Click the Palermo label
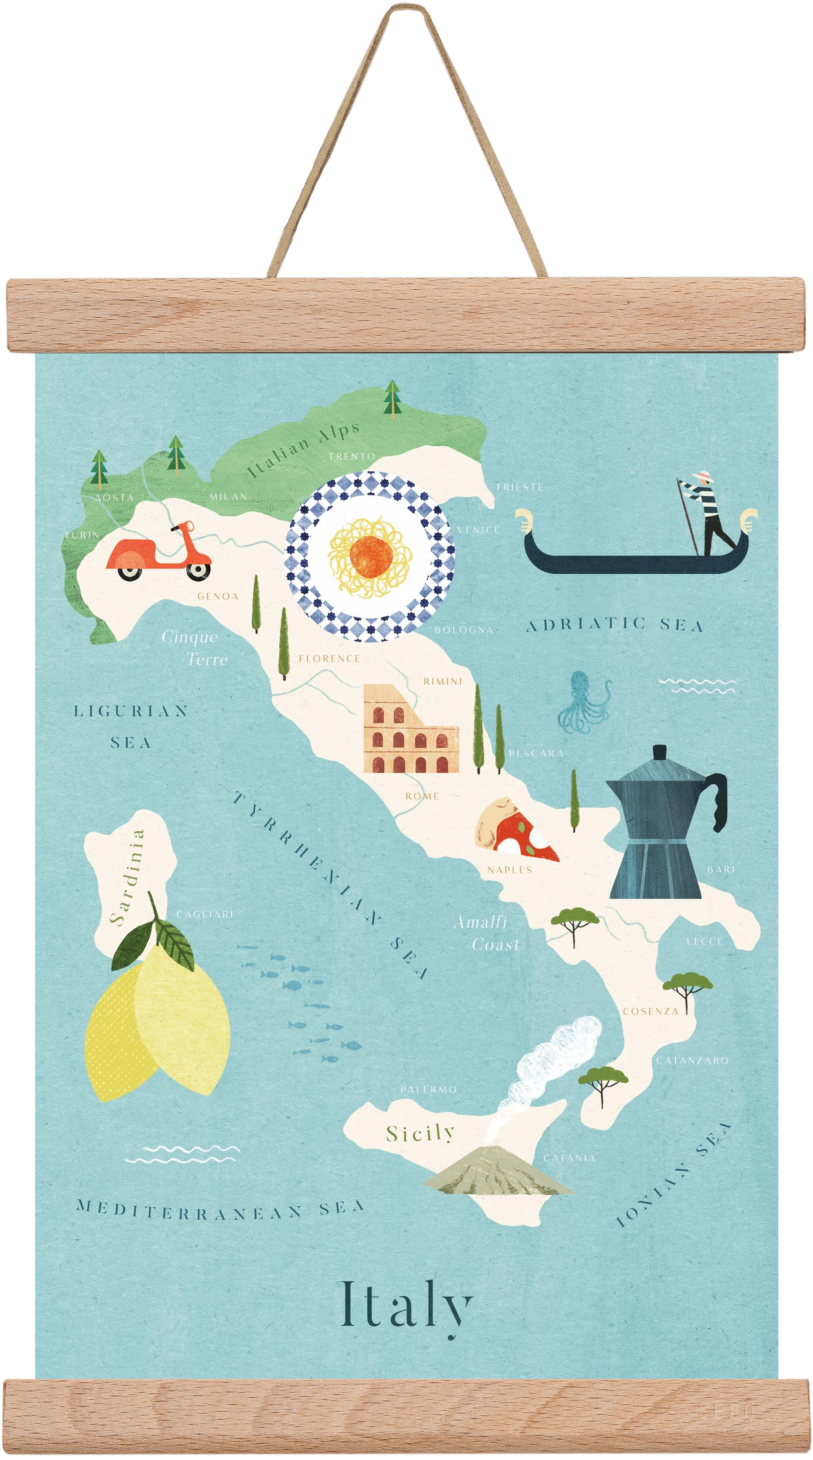[428, 1090]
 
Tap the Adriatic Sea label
[615, 625]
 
